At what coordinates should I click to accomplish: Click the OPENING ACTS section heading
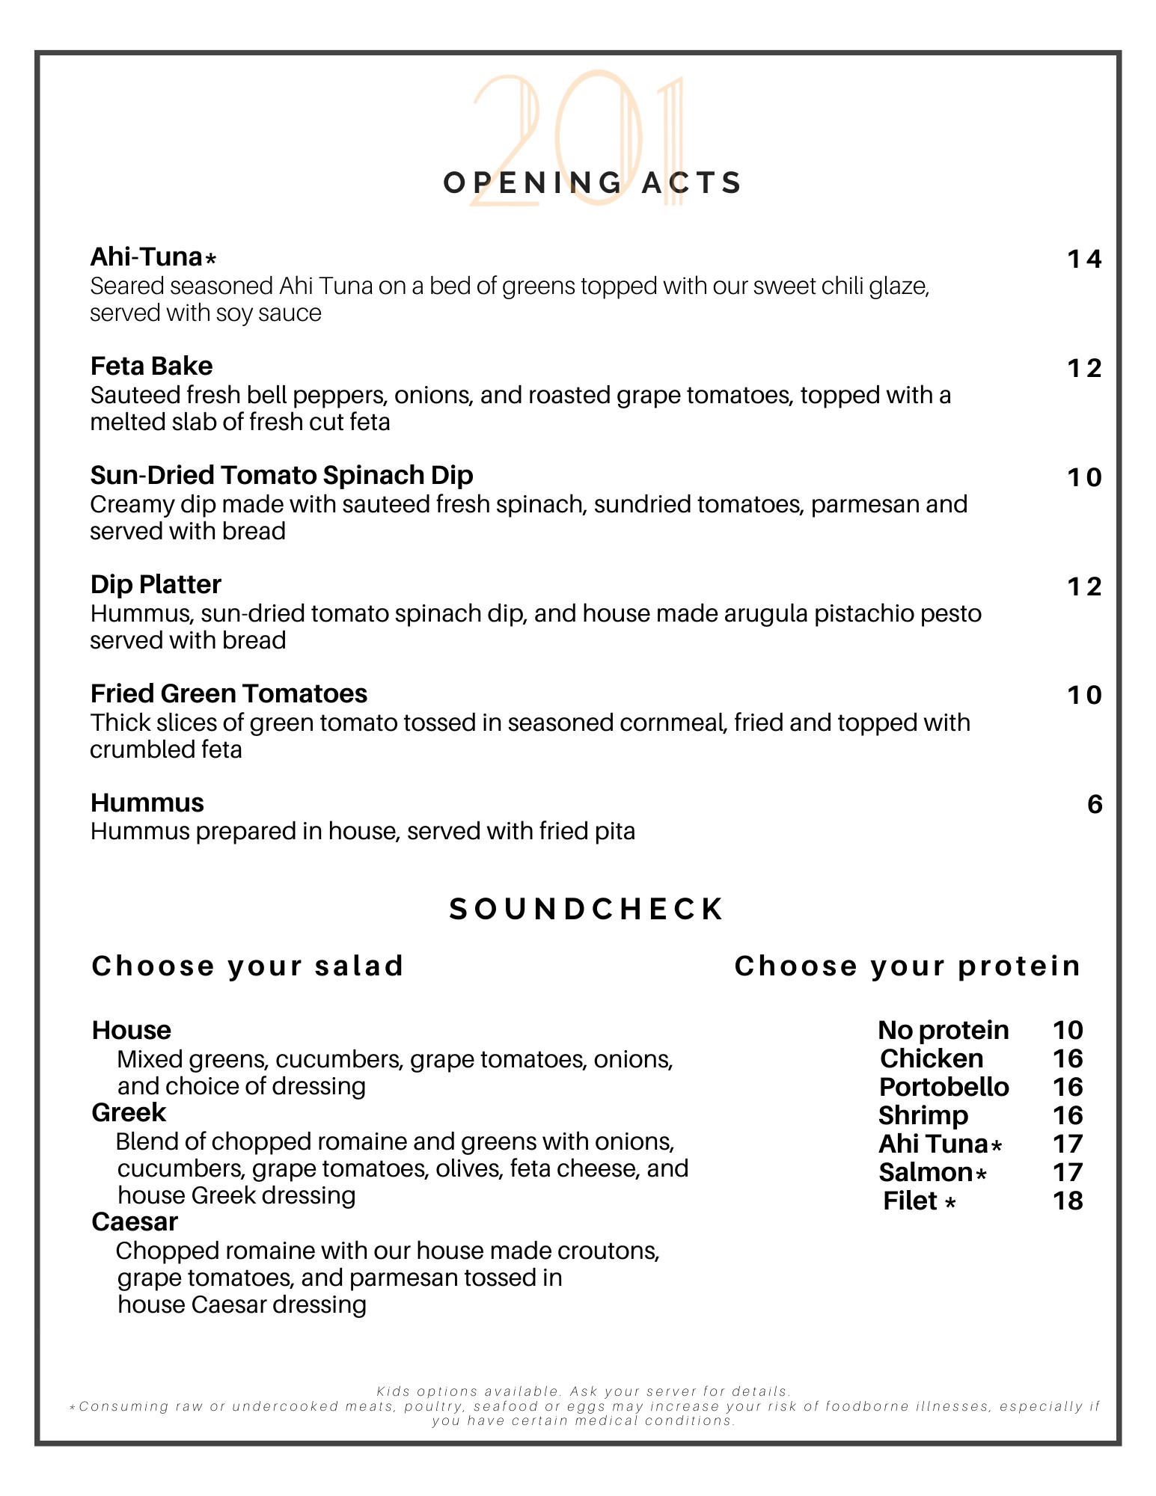coord(592,183)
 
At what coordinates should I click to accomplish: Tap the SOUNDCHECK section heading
coord(586,910)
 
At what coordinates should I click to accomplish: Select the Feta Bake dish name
coord(151,367)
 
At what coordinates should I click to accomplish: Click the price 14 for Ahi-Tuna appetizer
coord(1084,260)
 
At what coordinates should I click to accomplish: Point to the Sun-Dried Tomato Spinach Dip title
coord(281,476)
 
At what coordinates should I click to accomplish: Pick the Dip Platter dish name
coord(156,585)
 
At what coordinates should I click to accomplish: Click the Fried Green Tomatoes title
coord(228,694)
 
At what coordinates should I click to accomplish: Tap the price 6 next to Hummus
coord(1094,805)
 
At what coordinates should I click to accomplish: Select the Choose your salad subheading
coord(248,966)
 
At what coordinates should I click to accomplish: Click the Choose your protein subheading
coord(908,966)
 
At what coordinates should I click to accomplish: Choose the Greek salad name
coord(129,1113)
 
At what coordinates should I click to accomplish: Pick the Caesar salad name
coord(135,1222)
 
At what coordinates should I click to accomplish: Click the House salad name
coord(132,1031)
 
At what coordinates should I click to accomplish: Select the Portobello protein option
coord(944,1088)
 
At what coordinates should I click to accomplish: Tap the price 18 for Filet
coord(1068,1201)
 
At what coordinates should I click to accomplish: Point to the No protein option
coord(943,1031)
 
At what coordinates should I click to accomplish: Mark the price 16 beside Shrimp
coord(1068,1116)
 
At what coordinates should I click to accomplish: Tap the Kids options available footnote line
coord(584,1391)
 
